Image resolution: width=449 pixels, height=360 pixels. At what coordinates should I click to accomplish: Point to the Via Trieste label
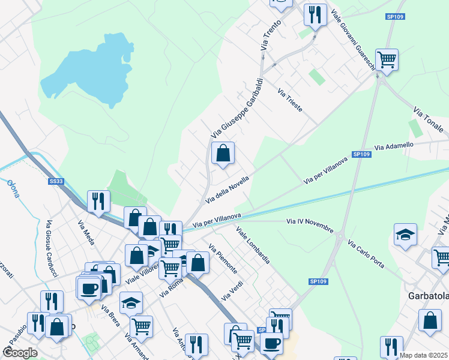point(290,100)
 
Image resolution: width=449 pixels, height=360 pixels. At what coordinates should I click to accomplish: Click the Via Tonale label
point(429,120)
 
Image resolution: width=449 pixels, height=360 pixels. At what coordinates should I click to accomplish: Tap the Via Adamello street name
point(394,146)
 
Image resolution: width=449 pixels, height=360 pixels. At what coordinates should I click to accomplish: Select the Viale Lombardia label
point(253,245)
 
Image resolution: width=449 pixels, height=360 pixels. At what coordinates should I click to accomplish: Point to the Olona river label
point(13,188)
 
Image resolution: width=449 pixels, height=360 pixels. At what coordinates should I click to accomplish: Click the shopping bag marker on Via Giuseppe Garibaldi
point(223,154)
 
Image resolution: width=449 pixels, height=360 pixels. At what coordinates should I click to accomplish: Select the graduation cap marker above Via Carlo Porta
point(406,235)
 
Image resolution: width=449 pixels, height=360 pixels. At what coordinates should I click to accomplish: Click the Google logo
point(20,353)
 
